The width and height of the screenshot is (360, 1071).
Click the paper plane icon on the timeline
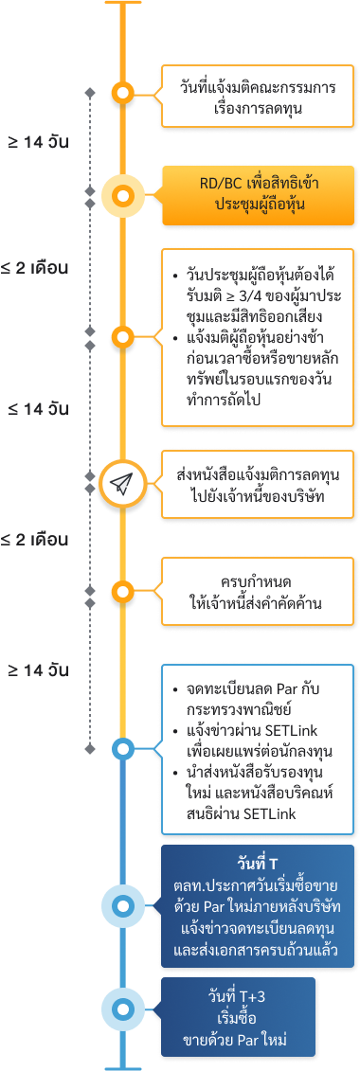point(121,484)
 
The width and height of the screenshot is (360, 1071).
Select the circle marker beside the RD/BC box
point(121,197)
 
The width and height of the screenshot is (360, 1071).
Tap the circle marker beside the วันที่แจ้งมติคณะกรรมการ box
point(121,93)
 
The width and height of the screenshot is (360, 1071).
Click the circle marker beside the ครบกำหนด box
point(121,593)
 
